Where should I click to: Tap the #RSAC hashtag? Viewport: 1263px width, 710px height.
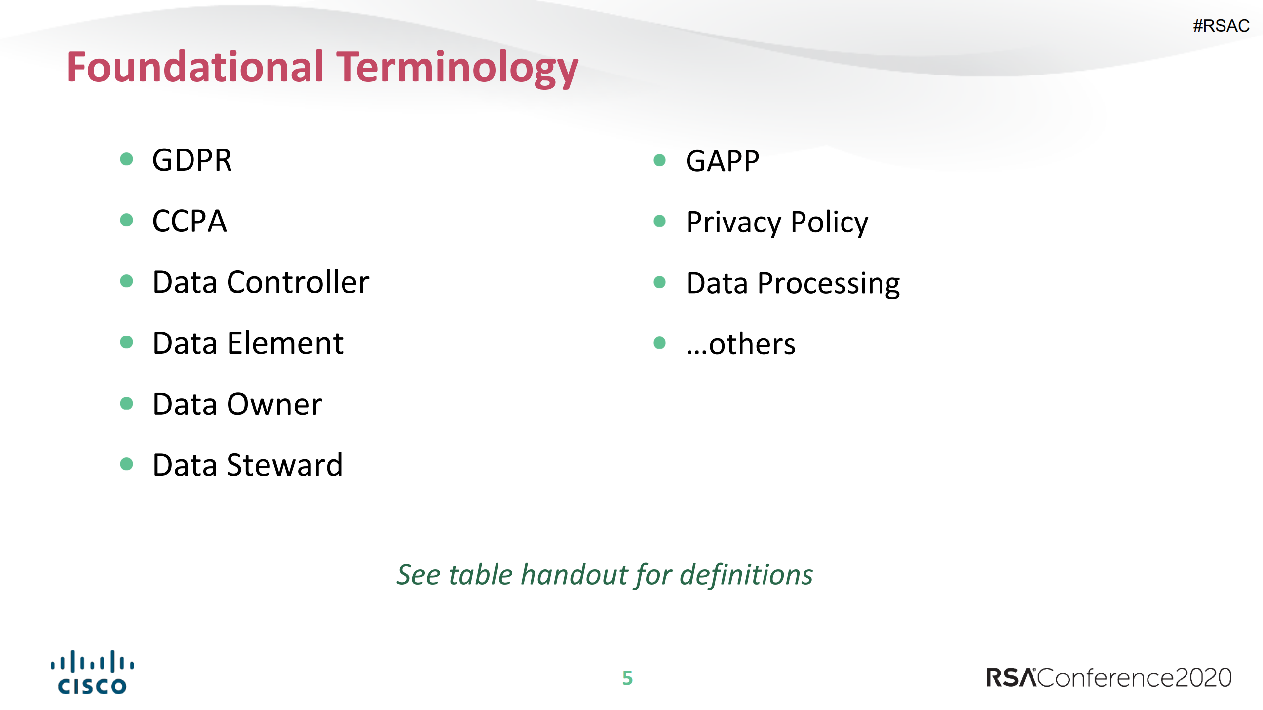pos(1221,26)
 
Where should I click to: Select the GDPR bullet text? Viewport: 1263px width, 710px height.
pos(192,160)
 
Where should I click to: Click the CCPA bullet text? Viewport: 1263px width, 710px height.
pos(190,221)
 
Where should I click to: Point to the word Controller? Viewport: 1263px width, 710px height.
pos(298,282)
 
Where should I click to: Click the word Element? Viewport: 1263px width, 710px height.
pos(285,343)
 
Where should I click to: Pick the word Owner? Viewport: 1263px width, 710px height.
pos(274,404)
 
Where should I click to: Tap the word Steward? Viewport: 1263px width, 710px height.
pos(284,465)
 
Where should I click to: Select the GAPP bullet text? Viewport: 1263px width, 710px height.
pos(722,161)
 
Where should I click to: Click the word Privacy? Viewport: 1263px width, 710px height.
pos(733,222)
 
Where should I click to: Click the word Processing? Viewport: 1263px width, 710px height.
pos(828,283)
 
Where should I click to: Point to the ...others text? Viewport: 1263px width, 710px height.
pos(740,344)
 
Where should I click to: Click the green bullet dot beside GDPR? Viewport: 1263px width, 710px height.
pos(127,159)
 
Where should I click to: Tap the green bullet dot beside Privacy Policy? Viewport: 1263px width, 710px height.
pos(659,221)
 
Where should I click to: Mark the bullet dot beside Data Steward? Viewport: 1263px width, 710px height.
pos(127,464)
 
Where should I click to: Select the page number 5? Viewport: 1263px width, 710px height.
pos(627,678)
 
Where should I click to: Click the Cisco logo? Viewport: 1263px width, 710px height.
pos(92,673)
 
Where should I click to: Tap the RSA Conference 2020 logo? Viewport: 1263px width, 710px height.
pos(1109,677)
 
